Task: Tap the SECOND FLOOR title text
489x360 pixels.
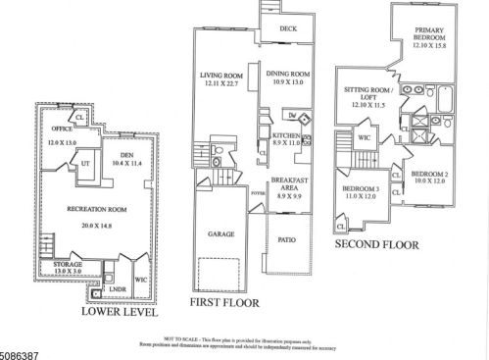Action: point(376,244)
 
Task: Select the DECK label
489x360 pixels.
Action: point(287,28)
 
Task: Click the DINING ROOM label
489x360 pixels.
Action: point(287,75)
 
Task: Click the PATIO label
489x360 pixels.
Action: point(287,238)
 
